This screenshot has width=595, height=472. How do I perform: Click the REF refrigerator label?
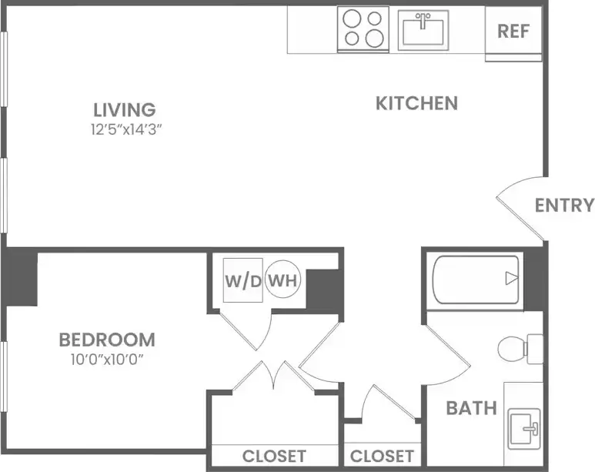(513, 32)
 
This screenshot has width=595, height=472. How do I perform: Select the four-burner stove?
(363, 29)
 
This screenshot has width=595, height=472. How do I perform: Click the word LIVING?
(125, 110)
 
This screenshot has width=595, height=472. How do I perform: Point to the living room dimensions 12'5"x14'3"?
(125, 129)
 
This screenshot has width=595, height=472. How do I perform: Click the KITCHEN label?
(416, 103)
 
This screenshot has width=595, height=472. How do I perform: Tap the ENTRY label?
(564, 206)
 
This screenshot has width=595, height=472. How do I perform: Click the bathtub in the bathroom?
(475, 279)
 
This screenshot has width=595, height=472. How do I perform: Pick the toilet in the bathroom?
(519, 349)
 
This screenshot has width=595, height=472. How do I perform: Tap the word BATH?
(471, 408)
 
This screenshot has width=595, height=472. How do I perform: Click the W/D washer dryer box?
(242, 280)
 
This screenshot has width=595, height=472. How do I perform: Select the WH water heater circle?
(282, 280)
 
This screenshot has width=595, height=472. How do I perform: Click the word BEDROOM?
(107, 340)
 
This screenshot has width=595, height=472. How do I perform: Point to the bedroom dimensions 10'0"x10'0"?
(107, 359)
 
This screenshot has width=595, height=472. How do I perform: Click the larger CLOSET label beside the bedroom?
(274, 456)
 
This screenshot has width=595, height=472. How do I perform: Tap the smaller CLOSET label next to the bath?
(382, 456)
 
